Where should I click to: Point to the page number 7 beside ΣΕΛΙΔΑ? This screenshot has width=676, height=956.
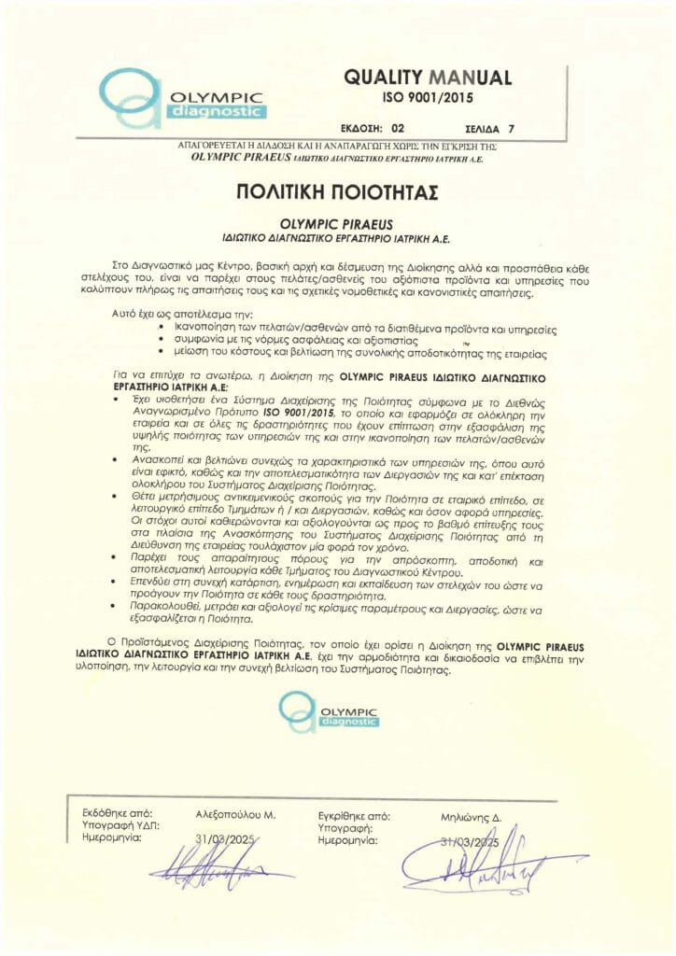pos(537,130)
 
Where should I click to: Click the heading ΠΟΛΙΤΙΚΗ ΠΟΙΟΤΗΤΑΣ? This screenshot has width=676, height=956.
pos(337,193)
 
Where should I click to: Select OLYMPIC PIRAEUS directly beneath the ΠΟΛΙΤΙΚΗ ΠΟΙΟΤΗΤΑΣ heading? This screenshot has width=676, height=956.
pos(337,225)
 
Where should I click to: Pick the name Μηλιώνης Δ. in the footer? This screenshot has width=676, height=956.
pos(471,816)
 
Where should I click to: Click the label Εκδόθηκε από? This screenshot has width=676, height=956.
pos(104,814)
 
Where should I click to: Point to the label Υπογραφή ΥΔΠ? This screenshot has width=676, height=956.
pos(108,826)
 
